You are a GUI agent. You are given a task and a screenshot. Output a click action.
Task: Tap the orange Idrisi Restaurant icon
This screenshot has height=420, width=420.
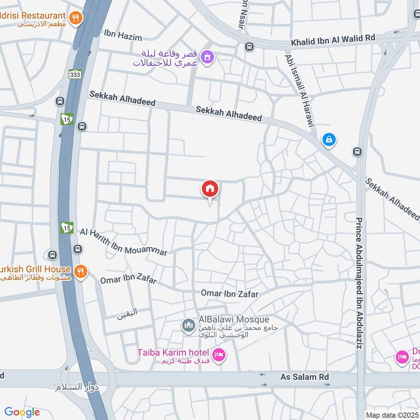[77, 17]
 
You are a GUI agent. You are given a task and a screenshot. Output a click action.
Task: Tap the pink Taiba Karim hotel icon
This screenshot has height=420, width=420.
[219, 355]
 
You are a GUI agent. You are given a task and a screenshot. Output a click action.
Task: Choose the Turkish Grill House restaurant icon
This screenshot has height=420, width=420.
[80, 271]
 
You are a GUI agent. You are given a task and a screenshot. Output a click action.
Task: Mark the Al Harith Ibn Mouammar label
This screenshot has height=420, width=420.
[124, 242]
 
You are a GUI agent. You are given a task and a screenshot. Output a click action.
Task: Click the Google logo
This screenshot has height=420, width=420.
[22, 412]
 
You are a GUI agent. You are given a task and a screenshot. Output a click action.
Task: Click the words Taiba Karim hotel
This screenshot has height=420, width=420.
[174, 352]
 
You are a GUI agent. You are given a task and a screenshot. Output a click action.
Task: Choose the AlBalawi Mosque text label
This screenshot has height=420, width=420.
[234, 319]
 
